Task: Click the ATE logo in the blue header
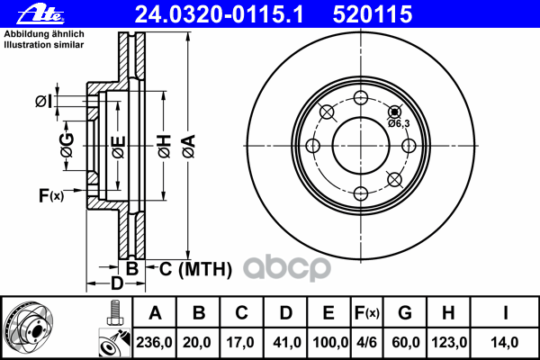pyautogui.click(x=40, y=14)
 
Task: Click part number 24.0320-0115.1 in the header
pyautogui.click(x=220, y=14)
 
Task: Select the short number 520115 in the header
pyautogui.click(x=373, y=14)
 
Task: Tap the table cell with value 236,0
pyautogui.click(x=154, y=342)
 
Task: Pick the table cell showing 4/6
pyautogui.click(x=367, y=342)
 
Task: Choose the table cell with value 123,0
pyautogui.click(x=449, y=342)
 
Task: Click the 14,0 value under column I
pyautogui.click(x=505, y=342)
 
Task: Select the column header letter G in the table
pyautogui.click(x=405, y=313)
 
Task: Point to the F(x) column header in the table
pyautogui.click(x=367, y=313)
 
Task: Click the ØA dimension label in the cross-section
pyautogui.click(x=189, y=147)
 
